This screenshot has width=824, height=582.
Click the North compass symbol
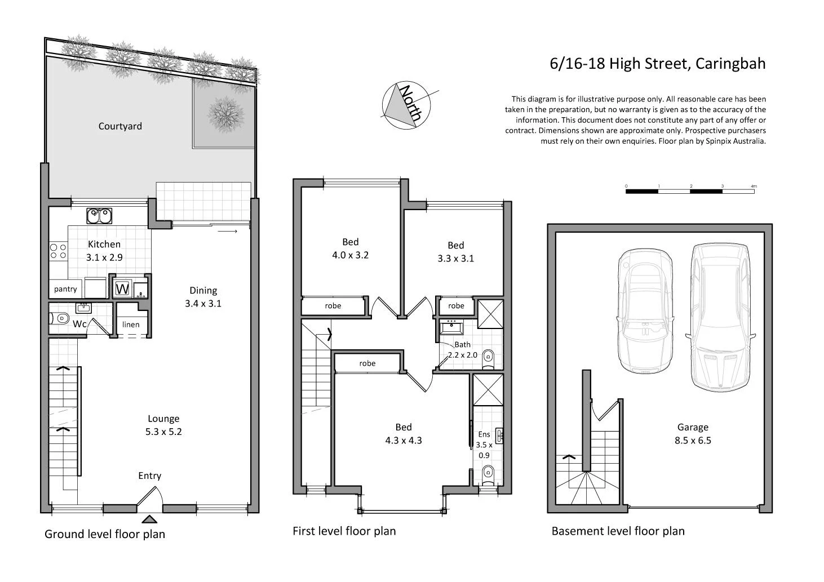(x=406, y=105)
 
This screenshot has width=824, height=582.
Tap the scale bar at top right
(x=690, y=191)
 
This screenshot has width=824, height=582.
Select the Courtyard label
(x=120, y=126)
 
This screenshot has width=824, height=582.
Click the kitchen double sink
(x=99, y=215)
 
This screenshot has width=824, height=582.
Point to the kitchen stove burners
(x=57, y=251)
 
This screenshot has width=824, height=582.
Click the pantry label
(x=65, y=289)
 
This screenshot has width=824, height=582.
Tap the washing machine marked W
(x=122, y=289)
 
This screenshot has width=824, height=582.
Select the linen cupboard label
(x=131, y=325)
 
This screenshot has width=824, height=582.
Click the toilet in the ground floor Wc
(x=59, y=319)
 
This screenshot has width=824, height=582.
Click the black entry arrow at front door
(x=149, y=519)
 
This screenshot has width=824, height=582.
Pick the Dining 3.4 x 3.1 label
(x=203, y=297)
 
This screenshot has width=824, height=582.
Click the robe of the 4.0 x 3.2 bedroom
(x=333, y=306)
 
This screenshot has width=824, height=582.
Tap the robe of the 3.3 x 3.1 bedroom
(x=456, y=306)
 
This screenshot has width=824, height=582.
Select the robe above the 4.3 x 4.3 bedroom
(x=367, y=363)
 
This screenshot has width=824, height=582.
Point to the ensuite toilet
(x=489, y=473)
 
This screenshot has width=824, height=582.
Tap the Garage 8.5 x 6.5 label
(x=693, y=434)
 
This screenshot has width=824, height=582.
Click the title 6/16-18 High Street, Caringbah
(x=657, y=64)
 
